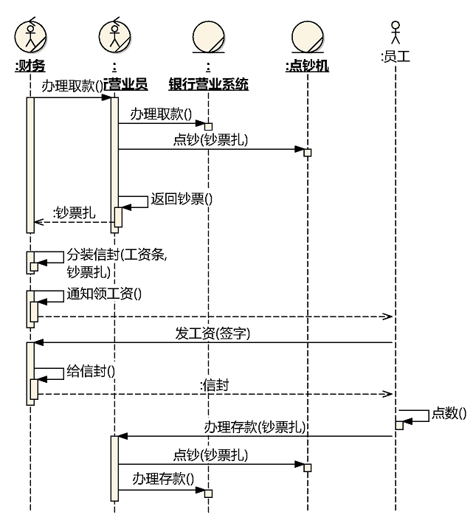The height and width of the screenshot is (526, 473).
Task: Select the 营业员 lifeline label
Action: (x=126, y=85)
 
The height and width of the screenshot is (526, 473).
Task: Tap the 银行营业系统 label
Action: (x=209, y=85)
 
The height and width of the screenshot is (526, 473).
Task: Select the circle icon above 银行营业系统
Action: (x=209, y=36)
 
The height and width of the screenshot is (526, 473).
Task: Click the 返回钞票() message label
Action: (x=182, y=198)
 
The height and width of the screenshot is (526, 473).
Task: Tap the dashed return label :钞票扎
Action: (x=75, y=213)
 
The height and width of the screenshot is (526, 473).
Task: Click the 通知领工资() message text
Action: (x=104, y=293)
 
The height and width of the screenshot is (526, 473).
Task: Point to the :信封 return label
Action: (x=215, y=384)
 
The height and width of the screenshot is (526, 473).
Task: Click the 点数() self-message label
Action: (x=449, y=413)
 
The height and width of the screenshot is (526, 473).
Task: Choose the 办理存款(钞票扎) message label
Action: (x=255, y=427)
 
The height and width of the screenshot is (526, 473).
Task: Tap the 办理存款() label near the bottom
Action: (x=163, y=478)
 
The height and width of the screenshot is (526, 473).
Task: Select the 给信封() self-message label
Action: (x=91, y=370)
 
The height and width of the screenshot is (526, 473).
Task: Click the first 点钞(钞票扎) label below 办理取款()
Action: (x=210, y=140)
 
